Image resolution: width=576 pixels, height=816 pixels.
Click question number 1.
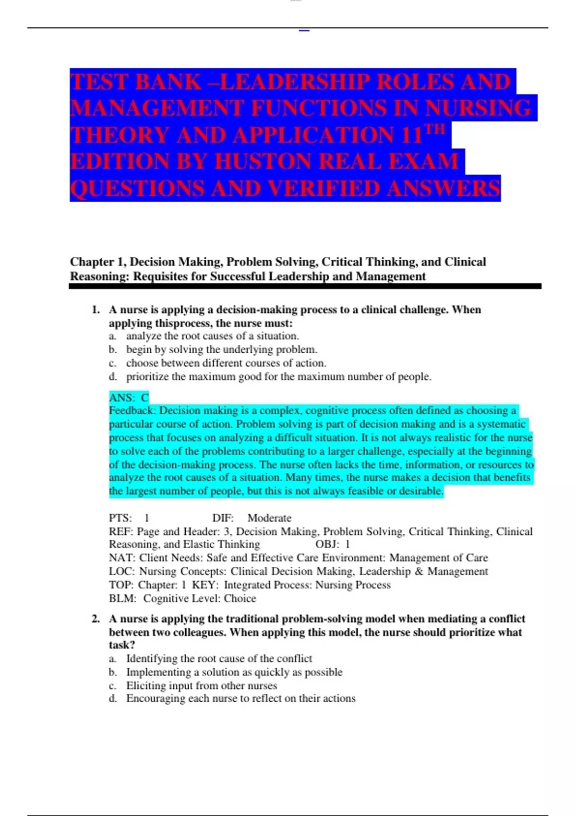[96, 310]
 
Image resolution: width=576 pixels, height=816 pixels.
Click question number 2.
[96, 619]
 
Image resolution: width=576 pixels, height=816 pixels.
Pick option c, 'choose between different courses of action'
[226, 363]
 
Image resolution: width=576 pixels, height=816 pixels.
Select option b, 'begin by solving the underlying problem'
[221, 349]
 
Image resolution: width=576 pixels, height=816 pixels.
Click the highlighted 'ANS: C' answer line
[129, 397]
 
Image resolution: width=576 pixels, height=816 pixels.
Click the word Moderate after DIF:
[269, 518]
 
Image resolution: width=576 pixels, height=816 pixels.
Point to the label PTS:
[120, 518]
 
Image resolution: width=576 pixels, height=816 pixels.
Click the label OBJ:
[327, 544]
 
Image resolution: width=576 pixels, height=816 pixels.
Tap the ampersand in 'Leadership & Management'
[419, 571]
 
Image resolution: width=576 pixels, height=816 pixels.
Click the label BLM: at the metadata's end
[122, 599]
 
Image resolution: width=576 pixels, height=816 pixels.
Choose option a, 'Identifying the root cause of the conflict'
[218, 659]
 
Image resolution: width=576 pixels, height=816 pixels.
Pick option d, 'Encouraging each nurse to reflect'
[240, 698]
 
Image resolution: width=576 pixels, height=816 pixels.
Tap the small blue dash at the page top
[304, 31]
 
